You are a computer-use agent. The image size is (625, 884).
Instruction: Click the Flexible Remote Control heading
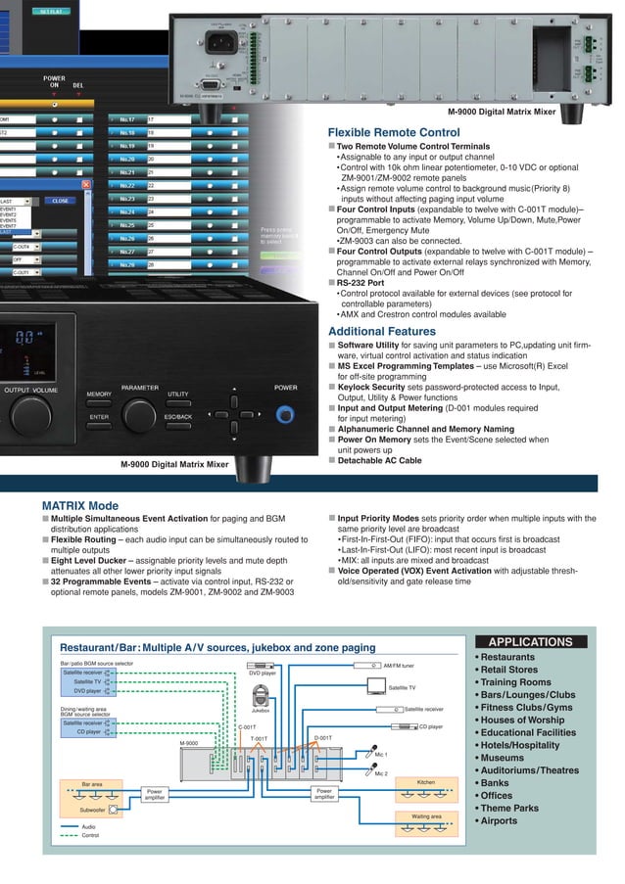(393, 132)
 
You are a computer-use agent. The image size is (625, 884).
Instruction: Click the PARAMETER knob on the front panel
(139, 415)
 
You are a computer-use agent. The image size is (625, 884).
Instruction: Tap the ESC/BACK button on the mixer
(177, 417)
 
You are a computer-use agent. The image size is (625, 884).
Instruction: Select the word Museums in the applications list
(502, 758)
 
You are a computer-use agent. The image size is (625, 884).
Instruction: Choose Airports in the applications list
(499, 821)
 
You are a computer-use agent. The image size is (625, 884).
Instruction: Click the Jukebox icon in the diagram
(262, 696)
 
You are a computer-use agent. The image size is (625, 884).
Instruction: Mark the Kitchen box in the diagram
(426, 781)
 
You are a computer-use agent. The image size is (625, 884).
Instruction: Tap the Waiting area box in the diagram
(426, 815)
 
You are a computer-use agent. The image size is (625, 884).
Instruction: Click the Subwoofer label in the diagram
(92, 810)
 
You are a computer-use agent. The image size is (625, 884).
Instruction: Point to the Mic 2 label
(381, 773)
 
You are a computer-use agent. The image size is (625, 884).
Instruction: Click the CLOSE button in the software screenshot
(60, 200)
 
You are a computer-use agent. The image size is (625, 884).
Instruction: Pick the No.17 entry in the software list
(127, 119)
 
